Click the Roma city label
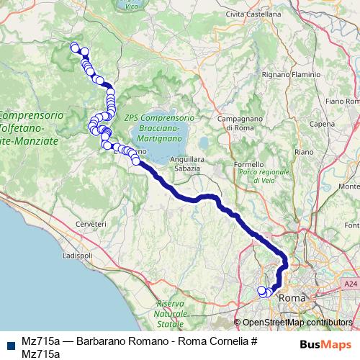(292, 297)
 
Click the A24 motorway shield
(350, 285)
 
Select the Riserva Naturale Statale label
(171, 315)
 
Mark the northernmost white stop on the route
(73, 48)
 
